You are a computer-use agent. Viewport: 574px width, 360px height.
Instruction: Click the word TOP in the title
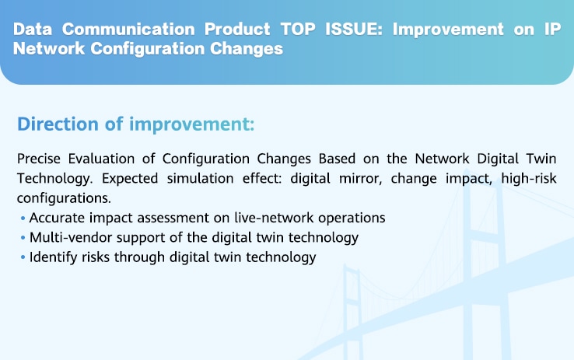coord(298,30)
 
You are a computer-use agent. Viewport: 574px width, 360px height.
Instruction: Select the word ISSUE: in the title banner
coord(354,30)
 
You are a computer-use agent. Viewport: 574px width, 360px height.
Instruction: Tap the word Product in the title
coord(237,30)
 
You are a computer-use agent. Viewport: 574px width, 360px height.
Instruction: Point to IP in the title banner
coord(552,30)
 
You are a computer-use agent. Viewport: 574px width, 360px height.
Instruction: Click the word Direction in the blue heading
coord(58,124)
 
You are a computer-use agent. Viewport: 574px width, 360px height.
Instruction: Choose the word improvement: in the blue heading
coord(192,124)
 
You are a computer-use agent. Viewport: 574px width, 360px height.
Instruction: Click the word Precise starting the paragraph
coord(38,159)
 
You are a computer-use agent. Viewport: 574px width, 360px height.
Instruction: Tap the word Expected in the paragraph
coord(130,179)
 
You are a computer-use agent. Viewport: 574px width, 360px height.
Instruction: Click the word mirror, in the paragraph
coord(361,179)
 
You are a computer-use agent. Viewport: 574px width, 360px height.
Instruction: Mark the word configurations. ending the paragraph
coord(64,198)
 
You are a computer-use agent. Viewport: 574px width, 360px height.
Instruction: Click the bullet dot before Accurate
coord(23,218)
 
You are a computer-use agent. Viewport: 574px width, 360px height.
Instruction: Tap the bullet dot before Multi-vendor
coord(23,238)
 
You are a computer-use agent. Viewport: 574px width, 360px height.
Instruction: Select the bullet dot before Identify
coord(23,257)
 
